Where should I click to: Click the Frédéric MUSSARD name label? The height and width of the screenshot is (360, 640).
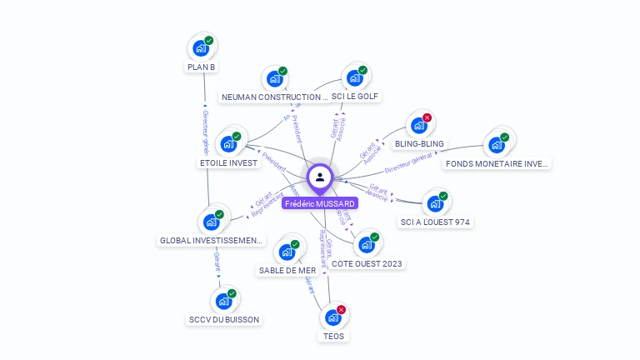coord(320,203)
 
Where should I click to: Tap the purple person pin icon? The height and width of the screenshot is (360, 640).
coord(320,177)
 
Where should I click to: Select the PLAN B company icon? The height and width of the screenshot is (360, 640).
coord(200,47)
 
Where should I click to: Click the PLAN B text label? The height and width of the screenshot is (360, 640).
coord(202,67)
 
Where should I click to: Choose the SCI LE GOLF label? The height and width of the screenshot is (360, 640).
coord(355,97)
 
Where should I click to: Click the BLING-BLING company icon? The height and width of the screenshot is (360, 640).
coord(417,125)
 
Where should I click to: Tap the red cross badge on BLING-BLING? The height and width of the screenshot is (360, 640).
coord(427,118)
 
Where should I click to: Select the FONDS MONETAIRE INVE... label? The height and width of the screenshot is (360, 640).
coord(497,163)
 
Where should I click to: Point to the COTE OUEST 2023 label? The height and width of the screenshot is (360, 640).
coord(367,263)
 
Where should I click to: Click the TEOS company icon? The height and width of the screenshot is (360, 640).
coord(332,317)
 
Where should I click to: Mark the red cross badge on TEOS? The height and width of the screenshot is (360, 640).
coord(341,310)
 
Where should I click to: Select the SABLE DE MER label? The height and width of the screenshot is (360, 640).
coord(287,270)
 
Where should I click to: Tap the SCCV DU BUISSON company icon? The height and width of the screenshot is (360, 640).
coord(222,301)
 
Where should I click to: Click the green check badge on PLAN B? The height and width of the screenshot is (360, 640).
coord(209,40)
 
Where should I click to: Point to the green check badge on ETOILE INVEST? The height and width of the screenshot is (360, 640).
coord(236,136)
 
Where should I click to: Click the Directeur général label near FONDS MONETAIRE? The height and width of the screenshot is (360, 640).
coord(408,162)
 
